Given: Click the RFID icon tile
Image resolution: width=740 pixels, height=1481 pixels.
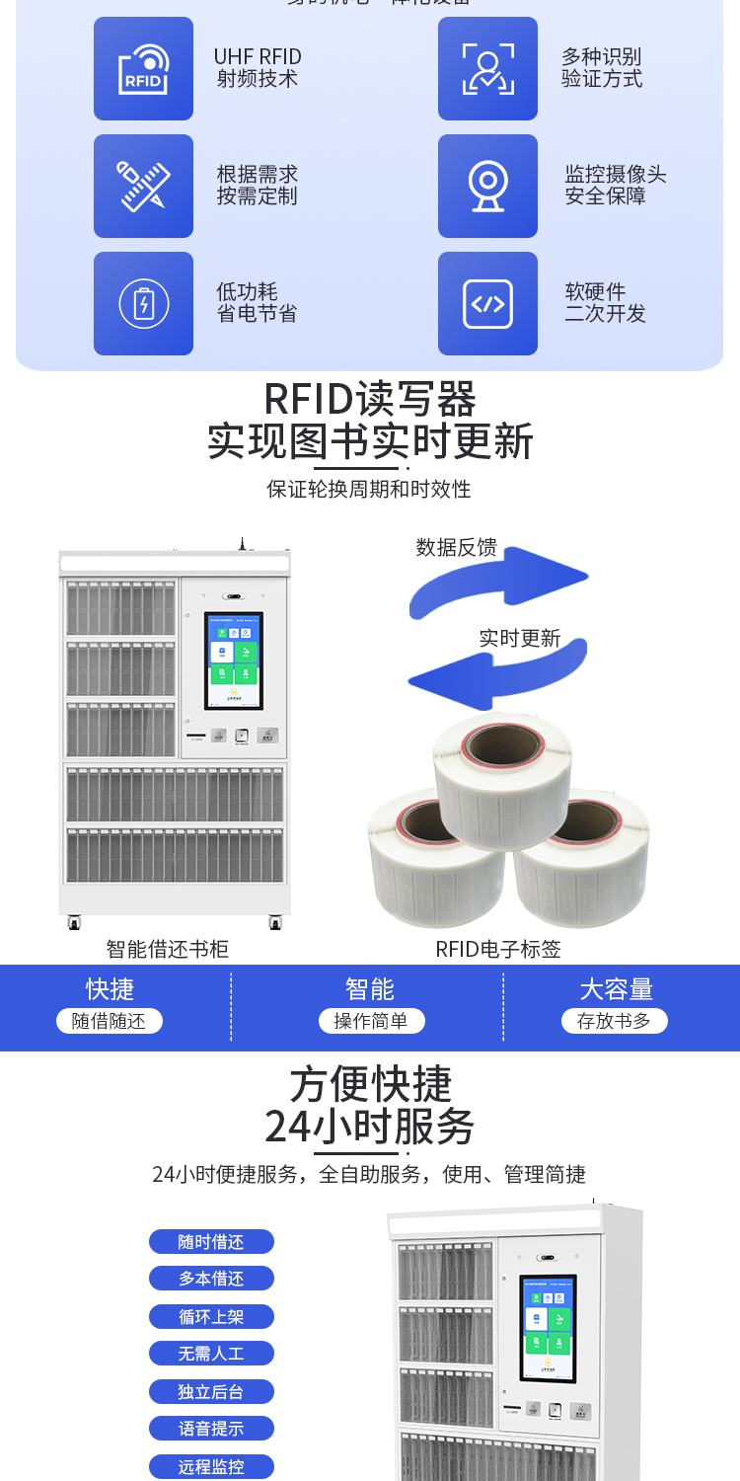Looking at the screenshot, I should pyautogui.click(x=143, y=69).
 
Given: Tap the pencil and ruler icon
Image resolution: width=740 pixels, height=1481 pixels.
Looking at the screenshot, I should pyautogui.click(x=143, y=186).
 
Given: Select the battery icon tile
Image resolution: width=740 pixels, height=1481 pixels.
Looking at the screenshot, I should pyautogui.click(x=143, y=303).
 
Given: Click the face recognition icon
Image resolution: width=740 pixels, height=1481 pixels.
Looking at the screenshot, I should pyautogui.click(x=487, y=69).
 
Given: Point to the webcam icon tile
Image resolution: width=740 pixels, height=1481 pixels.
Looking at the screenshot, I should pyautogui.click(x=487, y=186).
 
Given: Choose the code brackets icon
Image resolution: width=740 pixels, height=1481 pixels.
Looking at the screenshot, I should pyautogui.click(x=487, y=303).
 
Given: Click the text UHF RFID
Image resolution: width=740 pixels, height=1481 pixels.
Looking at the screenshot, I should pyautogui.click(x=258, y=57).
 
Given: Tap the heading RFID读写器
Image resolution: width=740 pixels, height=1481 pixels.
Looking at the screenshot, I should pyautogui.click(x=370, y=400).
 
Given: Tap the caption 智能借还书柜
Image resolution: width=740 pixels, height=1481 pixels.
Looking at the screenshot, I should pyautogui.click(x=168, y=949).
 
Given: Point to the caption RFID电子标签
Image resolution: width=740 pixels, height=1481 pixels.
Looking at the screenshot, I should pyautogui.click(x=498, y=949).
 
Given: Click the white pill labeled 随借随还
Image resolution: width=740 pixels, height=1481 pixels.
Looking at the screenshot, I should pyautogui.click(x=109, y=1021).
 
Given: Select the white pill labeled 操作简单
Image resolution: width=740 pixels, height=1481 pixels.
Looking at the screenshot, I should pyautogui.click(x=371, y=1021).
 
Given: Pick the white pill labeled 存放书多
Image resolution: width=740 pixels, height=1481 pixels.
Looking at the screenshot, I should pyautogui.click(x=614, y=1021).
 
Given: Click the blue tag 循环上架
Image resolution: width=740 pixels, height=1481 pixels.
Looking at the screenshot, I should pyautogui.click(x=211, y=1316).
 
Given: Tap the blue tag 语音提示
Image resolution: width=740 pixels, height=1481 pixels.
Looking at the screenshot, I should pyautogui.click(x=211, y=1429).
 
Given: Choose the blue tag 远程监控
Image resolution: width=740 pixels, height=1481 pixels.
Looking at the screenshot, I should pyautogui.click(x=211, y=1466).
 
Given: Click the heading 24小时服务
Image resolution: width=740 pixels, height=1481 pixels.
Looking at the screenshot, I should pyautogui.click(x=370, y=1127).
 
